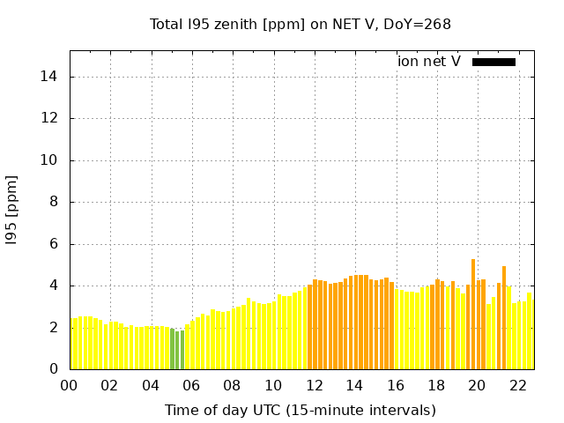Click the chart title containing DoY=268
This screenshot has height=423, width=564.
pyautogui.click(x=301, y=24)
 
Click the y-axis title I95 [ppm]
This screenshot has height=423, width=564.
pyautogui.click(x=11, y=209)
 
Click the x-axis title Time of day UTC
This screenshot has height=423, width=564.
pyautogui.click(x=300, y=410)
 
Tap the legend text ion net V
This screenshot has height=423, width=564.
pyautogui.click(x=429, y=61)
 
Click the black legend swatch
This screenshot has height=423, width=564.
pyautogui.click(x=493, y=62)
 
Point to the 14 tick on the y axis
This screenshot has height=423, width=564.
pyautogui.click(x=49, y=77)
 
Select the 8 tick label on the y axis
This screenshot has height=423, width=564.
pyautogui.click(x=53, y=202)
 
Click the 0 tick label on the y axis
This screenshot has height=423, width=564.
pyautogui.click(x=53, y=369)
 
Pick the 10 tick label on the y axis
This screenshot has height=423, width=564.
pyautogui.click(x=49, y=160)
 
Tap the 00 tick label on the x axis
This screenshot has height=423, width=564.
pyautogui.click(x=70, y=385)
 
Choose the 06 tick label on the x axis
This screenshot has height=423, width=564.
pyautogui.click(x=192, y=385)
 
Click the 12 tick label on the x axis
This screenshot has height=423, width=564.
pyautogui.click(x=315, y=385)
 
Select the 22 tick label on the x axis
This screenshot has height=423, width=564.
pyautogui.click(x=518, y=385)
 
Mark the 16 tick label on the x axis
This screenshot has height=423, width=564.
pyautogui.click(x=396, y=385)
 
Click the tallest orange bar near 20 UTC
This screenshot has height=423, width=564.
pyautogui.click(x=473, y=315)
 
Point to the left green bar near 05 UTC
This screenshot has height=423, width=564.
pyautogui.click(x=173, y=349)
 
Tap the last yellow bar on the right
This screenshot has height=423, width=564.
pyautogui.click(x=530, y=331)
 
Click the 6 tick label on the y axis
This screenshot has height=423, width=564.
pyautogui.click(x=53, y=244)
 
